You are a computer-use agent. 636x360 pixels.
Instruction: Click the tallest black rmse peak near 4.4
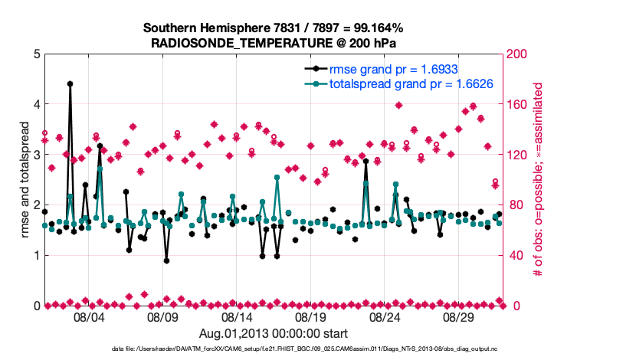(70, 83)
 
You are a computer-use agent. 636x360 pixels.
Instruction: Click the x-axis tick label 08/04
(89, 317)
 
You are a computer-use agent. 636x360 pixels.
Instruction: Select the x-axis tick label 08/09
(163, 317)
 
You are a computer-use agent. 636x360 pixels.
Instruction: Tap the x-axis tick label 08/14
(238, 317)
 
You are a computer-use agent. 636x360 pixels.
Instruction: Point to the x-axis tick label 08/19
(312, 317)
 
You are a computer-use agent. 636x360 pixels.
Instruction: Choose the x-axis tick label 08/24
(385, 317)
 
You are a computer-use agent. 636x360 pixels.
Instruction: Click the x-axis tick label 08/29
(460, 317)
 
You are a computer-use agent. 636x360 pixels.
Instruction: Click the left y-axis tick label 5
(37, 54)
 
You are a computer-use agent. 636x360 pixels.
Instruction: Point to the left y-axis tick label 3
(37, 155)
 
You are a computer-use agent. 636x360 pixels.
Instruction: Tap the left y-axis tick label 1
(37, 255)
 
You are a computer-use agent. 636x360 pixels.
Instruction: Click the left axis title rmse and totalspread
(25, 179)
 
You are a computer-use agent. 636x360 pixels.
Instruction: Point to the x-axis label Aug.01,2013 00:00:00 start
(274, 333)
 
